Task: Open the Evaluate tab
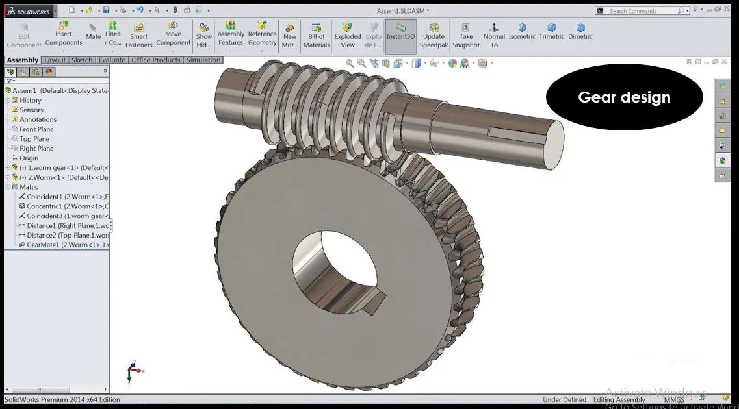112,60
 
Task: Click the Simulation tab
203,60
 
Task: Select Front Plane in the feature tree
36,129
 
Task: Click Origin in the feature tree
29,158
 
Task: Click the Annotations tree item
38,119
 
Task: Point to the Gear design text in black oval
624,97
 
